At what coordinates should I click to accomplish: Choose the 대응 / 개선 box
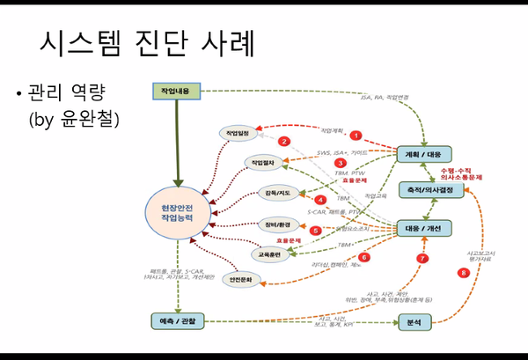[x=423, y=227]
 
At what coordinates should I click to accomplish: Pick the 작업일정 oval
[x=238, y=133]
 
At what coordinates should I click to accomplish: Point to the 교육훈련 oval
[x=267, y=253]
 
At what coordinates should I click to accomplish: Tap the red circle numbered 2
[x=283, y=141]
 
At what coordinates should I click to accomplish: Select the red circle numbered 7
[x=422, y=259]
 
